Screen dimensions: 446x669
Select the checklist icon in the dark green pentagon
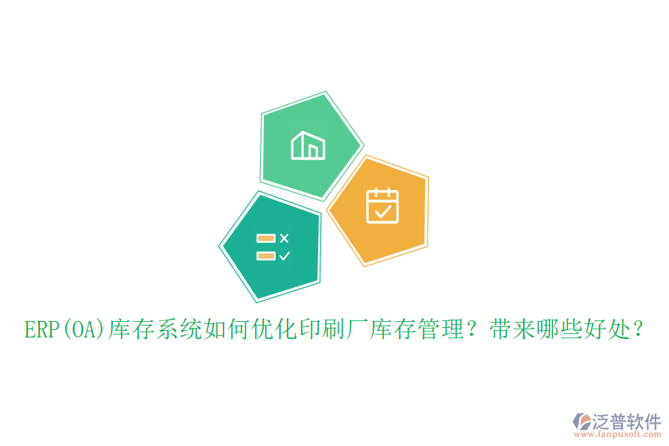(x=273, y=247)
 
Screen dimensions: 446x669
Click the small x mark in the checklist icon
(x=284, y=238)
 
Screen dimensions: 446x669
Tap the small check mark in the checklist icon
(x=284, y=256)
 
